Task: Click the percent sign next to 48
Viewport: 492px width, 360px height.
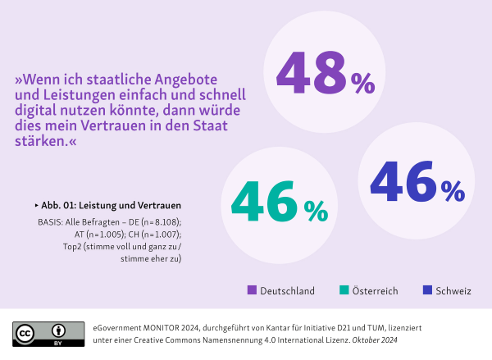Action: pyautogui.click(x=362, y=83)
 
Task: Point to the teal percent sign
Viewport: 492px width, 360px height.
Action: pyautogui.click(x=315, y=212)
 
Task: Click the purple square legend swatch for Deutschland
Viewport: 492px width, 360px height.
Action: pyautogui.click(x=251, y=290)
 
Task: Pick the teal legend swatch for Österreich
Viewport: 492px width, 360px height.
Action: pyautogui.click(x=344, y=290)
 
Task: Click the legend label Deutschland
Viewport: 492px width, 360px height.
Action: pyautogui.click(x=287, y=291)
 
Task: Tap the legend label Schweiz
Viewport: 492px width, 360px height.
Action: pyautogui.click(x=454, y=291)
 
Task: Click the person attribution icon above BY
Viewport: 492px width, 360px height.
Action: pyautogui.click(x=59, y=330)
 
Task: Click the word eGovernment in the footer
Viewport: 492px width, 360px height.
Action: pyautogui.click(x=117, y=326)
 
